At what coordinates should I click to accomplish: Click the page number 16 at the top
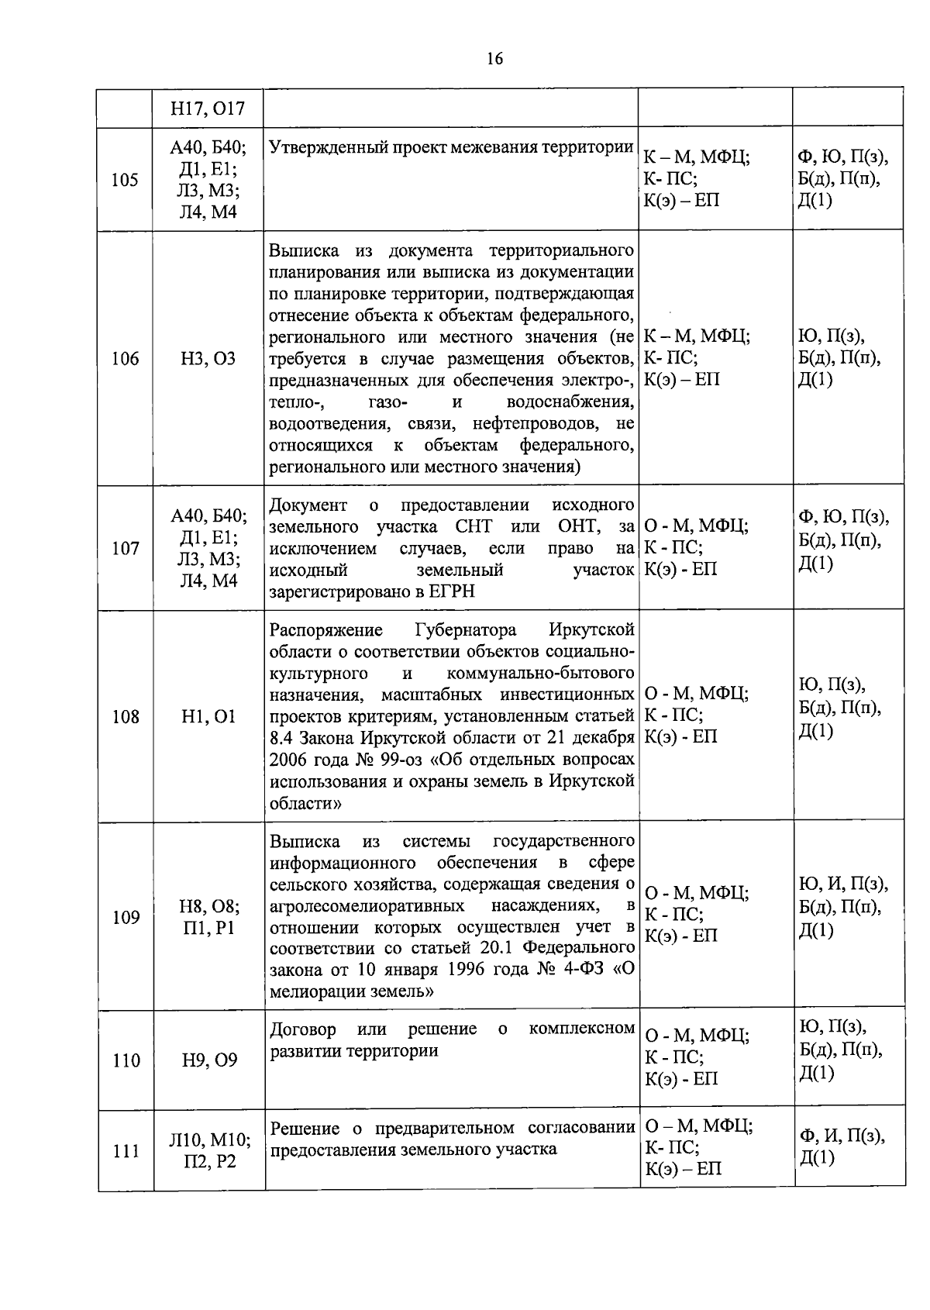[x=495, y=58]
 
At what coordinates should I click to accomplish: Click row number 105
[x=125, y=180]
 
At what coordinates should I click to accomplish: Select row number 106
[x=125, y=358]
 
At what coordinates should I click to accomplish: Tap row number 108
[x=125, y=716]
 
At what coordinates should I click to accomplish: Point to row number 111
[x=125, y=1151]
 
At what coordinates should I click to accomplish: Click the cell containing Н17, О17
[x=208, y=109]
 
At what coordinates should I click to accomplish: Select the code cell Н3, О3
[x=208, y=358]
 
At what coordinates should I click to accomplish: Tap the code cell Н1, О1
[x=208, y=716]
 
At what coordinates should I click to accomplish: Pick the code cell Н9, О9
[x=208, y=1060]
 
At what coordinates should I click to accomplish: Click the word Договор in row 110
[x=303, y=1029]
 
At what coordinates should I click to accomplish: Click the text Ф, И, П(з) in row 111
[x=842, y=1136]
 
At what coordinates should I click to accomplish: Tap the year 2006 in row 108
[x=289, y=759]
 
